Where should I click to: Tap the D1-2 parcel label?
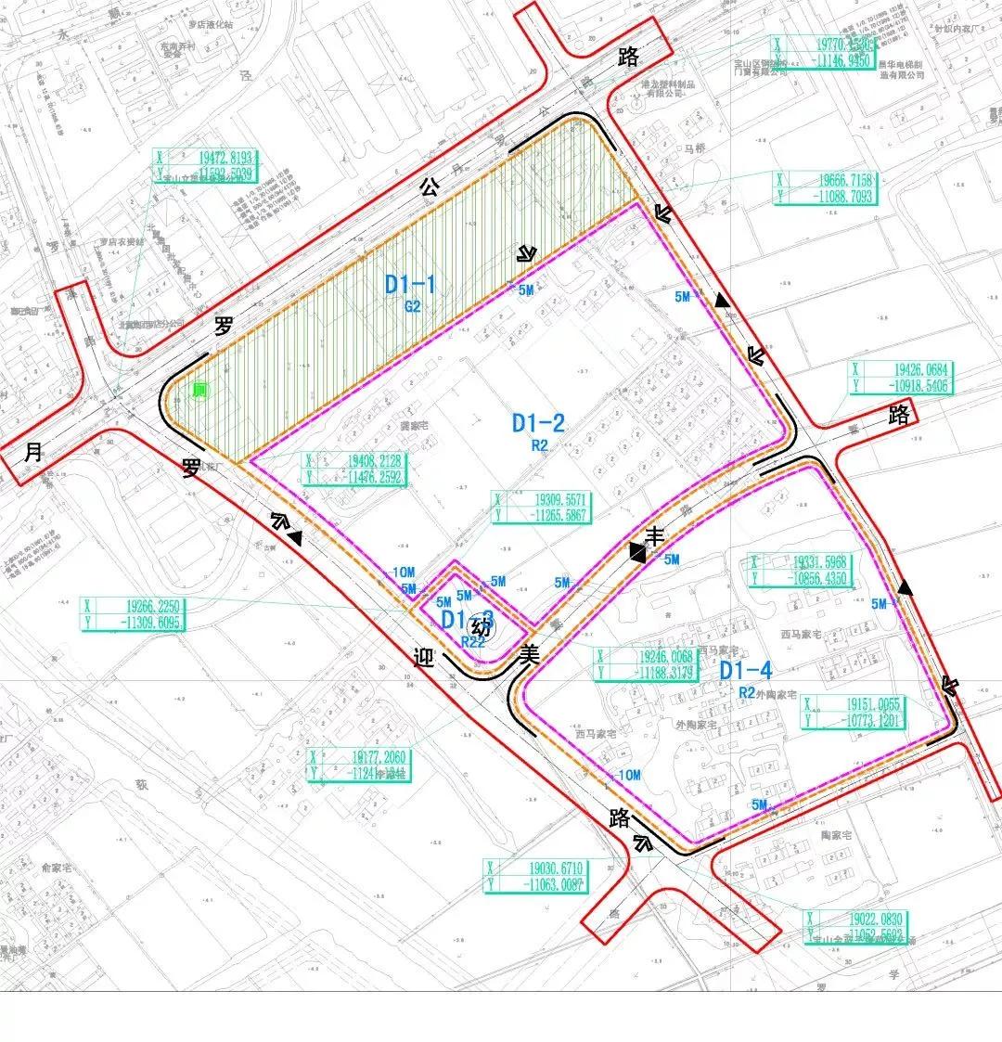[538, 424]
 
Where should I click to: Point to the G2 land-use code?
[412, 306]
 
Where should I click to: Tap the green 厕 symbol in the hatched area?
[199, 392]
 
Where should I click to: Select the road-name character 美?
[530, 652]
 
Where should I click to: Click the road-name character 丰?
[655, 536]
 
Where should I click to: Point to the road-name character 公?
[429, 186]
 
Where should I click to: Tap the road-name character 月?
[33, 453]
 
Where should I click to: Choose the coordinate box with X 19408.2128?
[356, 470]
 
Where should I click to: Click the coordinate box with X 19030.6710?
[538, 876]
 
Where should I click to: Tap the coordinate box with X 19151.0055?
[854, 712]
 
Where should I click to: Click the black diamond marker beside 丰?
[637, 553]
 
